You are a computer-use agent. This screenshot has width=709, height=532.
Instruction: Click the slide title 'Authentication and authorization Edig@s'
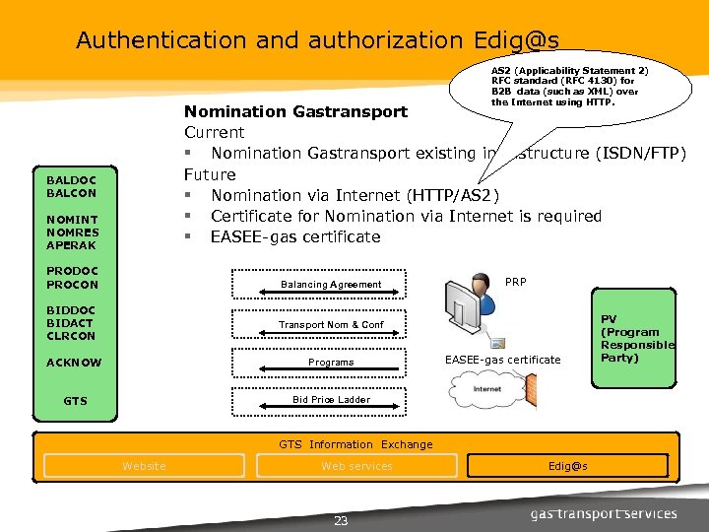point(317,40)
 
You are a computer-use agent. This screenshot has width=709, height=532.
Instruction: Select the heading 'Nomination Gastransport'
point(295,111)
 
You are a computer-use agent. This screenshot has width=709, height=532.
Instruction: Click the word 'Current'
point(214,132)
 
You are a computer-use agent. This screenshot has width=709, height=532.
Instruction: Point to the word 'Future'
point(210,174)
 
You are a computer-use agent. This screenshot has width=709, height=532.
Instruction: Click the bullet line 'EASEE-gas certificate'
point(294,237)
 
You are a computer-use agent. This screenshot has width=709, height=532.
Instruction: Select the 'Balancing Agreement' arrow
point(331,285)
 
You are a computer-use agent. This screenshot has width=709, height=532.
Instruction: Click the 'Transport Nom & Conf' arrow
point(331,324)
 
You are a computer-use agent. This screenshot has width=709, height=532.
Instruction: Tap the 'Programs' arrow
point(331,362)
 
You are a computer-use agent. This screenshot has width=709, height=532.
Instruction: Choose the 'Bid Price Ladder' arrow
point(331,400)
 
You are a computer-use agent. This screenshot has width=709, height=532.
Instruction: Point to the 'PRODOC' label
point(72,271)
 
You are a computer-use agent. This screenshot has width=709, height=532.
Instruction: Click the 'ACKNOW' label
point(74,363)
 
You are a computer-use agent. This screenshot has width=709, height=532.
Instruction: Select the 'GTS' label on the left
point(75,401)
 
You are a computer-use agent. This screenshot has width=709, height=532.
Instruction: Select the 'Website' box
point(144,466)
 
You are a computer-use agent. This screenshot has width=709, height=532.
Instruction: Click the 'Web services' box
point(356,466)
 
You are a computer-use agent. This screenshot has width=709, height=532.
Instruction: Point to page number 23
point(341,521)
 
